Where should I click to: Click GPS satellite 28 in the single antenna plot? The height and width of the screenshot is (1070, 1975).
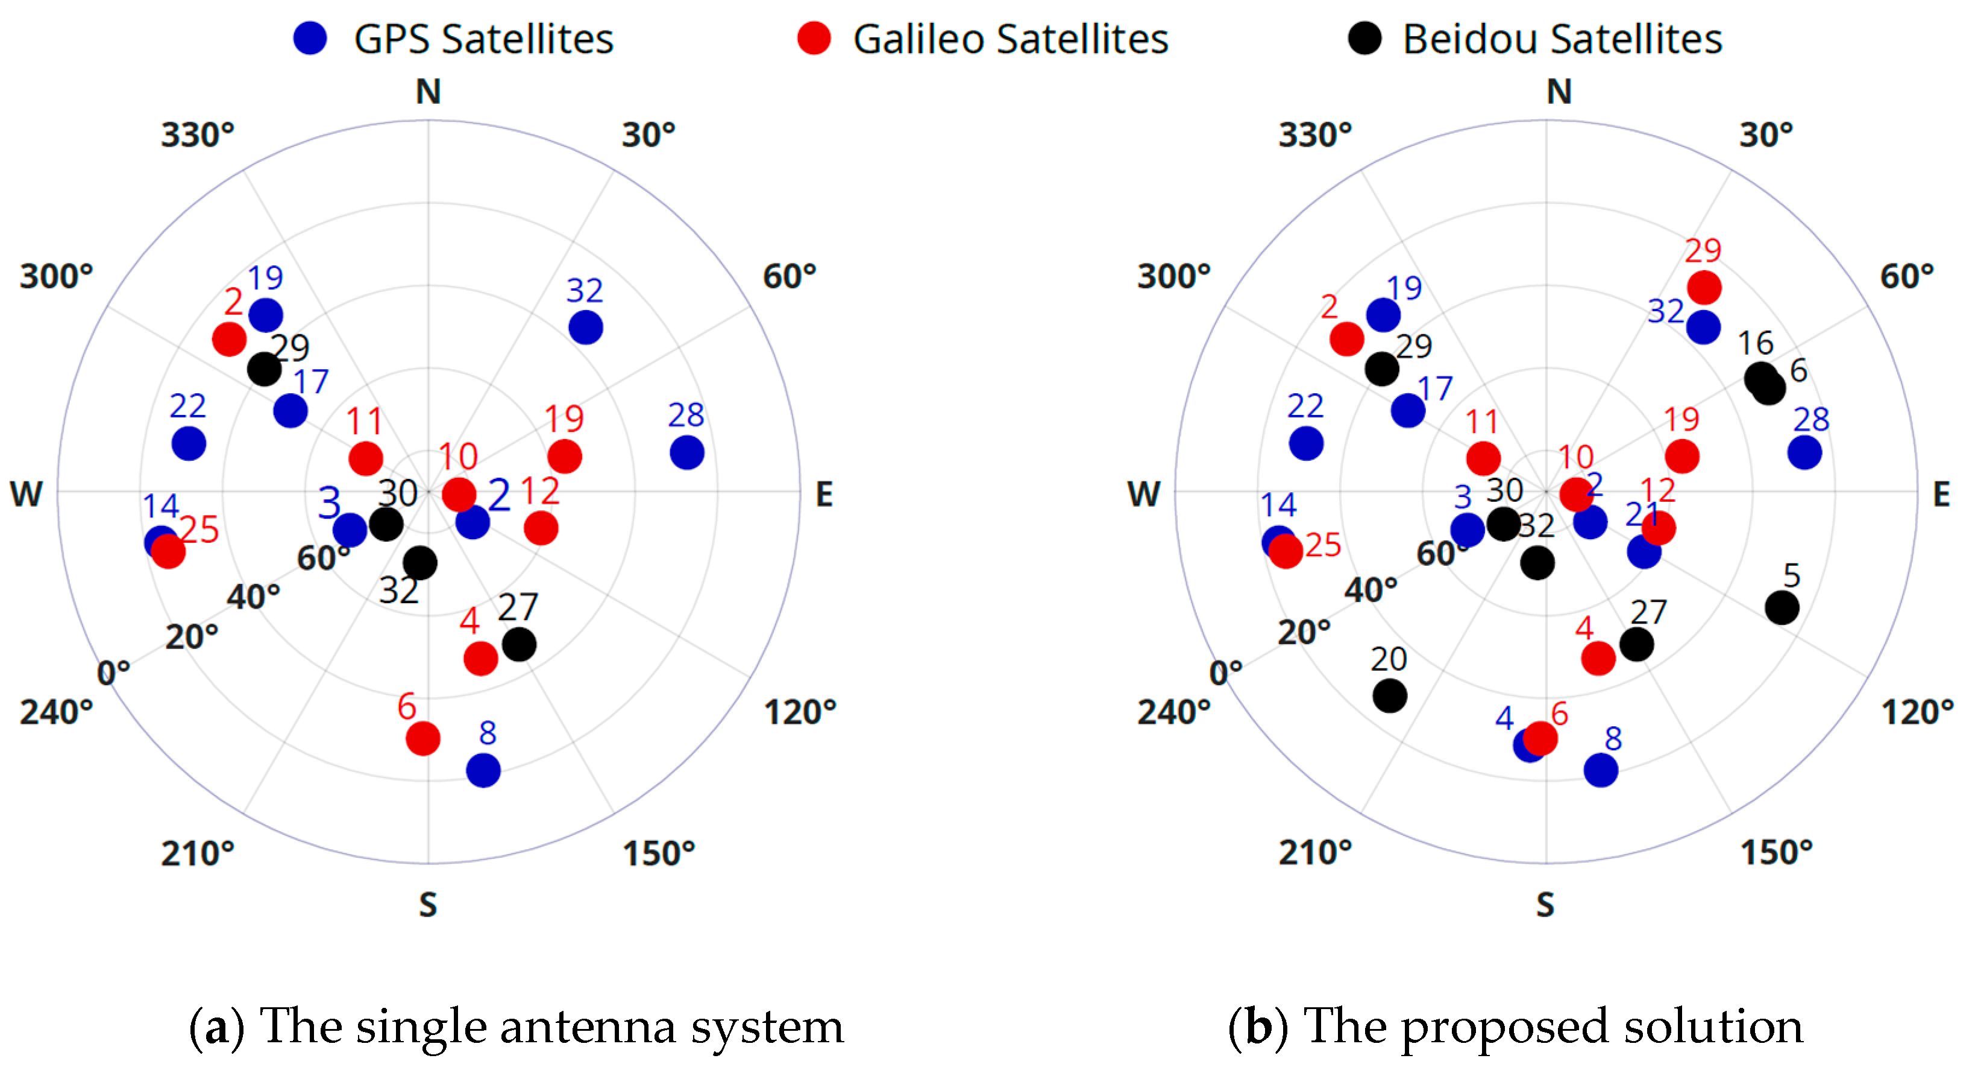coord(686,452)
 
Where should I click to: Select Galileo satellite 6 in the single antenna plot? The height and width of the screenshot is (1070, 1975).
coord(422,738)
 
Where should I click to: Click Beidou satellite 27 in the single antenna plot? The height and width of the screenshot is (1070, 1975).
coord(519,644)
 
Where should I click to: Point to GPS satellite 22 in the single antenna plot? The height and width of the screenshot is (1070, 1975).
coord(189,443)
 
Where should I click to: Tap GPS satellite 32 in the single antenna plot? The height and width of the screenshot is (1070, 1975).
coord(585,328)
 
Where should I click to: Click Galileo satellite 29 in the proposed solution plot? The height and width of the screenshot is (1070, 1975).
coord(1704,288)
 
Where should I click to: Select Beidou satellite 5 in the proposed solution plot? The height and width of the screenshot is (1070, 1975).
coord(1781,607)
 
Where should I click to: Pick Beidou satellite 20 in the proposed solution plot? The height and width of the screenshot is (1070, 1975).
coord(1389,695)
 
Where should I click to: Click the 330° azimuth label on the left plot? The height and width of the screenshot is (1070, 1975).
coord(197,135)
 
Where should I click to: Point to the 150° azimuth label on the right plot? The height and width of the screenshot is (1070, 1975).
coord(1776,853)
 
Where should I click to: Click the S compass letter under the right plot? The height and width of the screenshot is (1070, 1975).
coord(1545,905)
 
